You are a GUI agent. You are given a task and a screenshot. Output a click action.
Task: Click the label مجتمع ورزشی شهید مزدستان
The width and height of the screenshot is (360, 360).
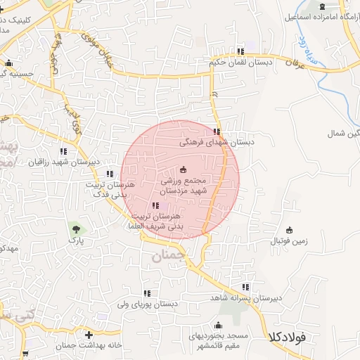point(183,186)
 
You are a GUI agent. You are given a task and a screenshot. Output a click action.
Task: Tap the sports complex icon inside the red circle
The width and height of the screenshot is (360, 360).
point(184,169)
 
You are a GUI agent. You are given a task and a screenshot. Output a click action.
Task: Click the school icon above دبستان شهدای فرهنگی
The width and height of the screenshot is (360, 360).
point(217,131)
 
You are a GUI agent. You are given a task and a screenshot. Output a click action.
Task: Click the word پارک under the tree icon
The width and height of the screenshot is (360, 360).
point(75,240)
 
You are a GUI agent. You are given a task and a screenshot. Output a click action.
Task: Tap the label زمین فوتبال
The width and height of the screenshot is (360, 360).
point(289,240)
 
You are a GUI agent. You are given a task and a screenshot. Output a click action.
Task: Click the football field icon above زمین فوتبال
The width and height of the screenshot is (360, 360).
point(289,230)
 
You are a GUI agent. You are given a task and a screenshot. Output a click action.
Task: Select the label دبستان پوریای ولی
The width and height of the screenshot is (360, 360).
point(147,304)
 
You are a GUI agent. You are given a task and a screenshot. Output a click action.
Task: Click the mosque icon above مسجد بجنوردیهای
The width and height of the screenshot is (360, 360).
point(218,325)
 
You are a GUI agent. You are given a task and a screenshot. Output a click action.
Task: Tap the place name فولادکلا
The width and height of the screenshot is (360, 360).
point(286,338)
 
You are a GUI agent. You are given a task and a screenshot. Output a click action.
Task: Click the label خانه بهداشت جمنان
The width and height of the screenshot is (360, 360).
point(88,345)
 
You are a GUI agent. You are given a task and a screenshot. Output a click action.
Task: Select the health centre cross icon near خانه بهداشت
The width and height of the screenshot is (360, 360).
point(88,335)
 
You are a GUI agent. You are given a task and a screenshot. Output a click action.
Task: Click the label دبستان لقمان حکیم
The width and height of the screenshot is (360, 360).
point(241,62)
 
